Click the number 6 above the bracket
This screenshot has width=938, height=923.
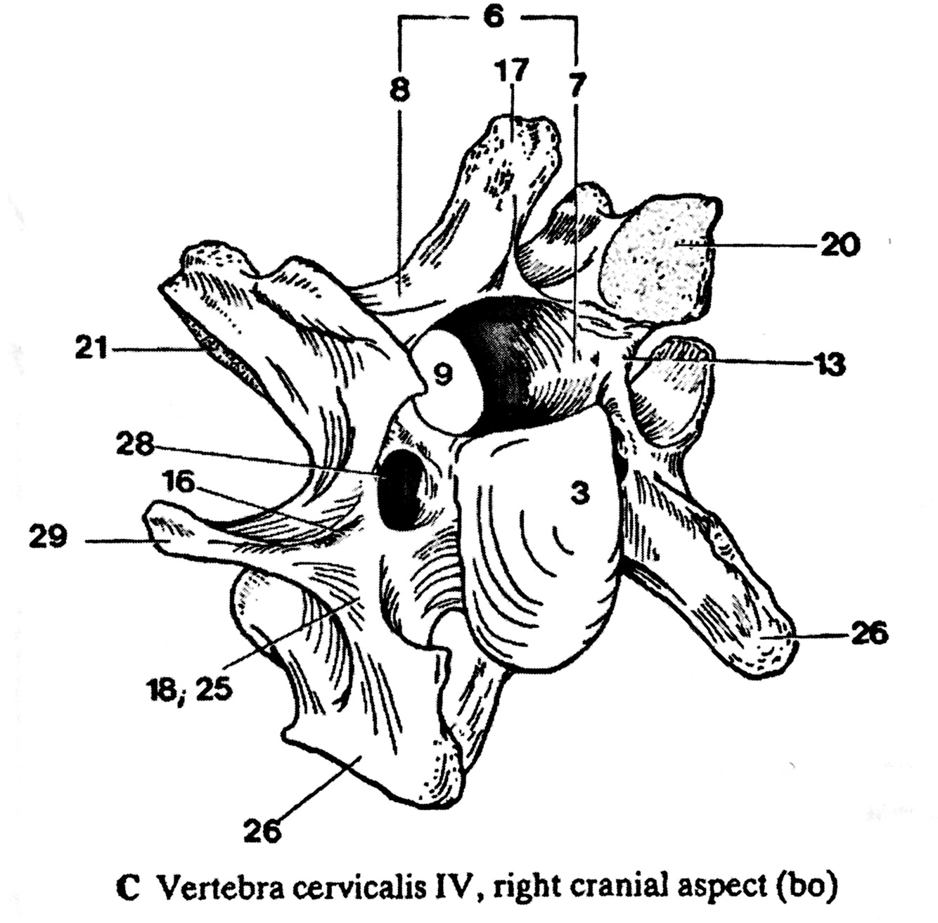coord(493,17)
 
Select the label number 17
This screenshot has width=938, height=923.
coord(513,72)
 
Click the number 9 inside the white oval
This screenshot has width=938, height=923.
coord(442,375)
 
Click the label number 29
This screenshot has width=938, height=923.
coord(47,539)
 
